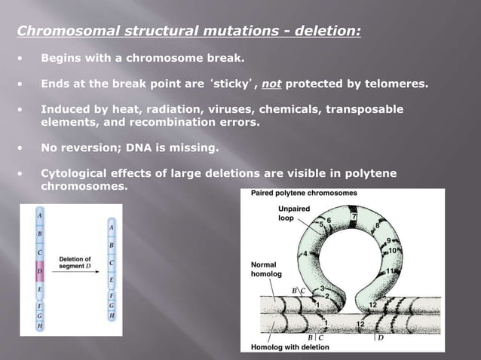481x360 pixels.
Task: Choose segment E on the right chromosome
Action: [112, 280]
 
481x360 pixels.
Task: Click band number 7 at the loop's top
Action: [354, 218]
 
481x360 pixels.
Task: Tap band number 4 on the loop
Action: [305, 253]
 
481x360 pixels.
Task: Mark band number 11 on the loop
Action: [391, 270]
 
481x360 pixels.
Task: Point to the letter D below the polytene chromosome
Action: [380, 337]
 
